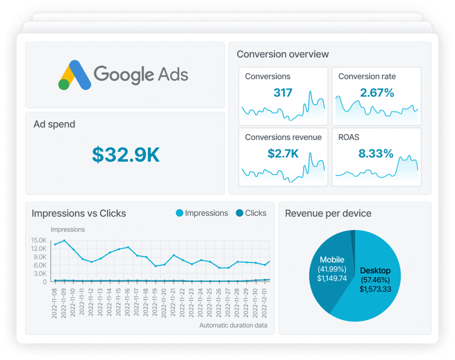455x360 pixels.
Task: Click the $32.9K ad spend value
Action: pos(125,155)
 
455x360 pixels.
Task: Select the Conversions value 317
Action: pos(283,92)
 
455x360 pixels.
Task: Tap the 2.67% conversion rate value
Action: pos(377,92)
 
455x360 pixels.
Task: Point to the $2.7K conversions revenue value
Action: pos(283,153)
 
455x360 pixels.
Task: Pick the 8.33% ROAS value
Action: pos(376,153)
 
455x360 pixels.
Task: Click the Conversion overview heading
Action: pos(282,54)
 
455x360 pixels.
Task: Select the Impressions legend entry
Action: pos(202,213)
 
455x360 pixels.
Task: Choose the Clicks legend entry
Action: pos(251,213)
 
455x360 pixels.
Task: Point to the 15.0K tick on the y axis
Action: pos(38,240)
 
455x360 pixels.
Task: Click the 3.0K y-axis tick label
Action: pos(39,273)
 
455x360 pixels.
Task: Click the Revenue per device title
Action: pos(328,213)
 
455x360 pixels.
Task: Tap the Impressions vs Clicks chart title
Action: pos(78,213)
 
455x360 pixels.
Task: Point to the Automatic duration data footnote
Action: pos(233,325)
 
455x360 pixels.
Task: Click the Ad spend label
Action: pos(54,124)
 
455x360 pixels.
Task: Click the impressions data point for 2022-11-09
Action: pos(64,240)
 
